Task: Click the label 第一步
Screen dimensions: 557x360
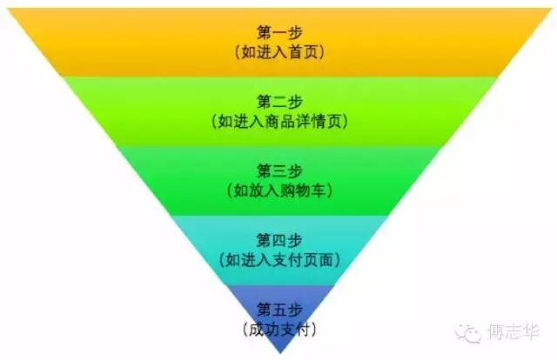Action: (x=279, y=31)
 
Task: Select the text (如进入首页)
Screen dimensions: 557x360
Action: (x=279, y=52)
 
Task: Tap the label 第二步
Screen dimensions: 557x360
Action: (x=279, y=100)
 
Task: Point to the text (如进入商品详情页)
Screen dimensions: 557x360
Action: (x=279, y=122)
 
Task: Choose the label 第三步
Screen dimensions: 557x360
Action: (x=279, y=169)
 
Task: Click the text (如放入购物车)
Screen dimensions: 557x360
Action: (x=279, y=190)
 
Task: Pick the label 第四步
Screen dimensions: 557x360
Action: (x=279, y=238)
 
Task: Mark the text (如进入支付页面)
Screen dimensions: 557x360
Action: (x=279, y=260)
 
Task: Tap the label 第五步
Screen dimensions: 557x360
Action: (x=279, y=308)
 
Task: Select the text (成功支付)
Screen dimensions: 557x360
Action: (x=279, y=330)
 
